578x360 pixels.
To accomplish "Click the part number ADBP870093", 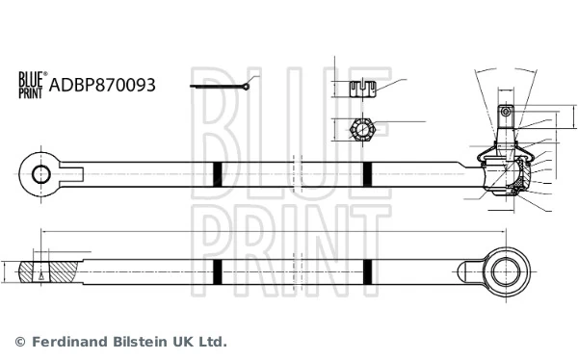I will (101, 85).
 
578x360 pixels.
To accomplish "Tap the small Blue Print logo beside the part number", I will (31, 86).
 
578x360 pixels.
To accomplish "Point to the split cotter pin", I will (221, 88).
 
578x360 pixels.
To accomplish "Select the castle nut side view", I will (361, 90).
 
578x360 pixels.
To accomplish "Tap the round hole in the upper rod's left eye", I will (41, 174).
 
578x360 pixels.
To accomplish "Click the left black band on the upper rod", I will (217, 174).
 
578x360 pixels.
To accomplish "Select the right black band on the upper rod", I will (367, 174).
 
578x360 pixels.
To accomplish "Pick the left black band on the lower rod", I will (217, 272).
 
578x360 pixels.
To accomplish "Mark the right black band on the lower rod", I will (367, 272).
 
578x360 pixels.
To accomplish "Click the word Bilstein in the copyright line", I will (144, 342).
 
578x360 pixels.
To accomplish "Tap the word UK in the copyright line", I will (188, 342).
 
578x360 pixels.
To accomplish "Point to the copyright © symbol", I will (20, 342).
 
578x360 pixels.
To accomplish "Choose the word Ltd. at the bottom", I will (216, 342).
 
